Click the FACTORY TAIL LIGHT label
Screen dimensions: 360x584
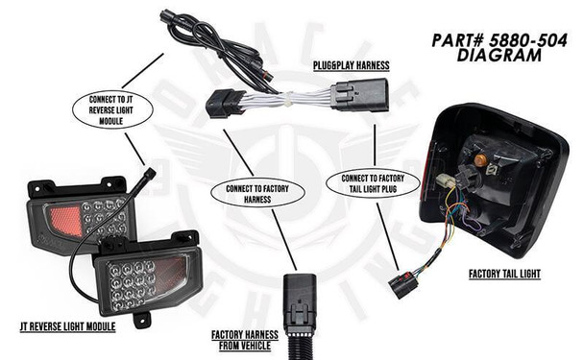point(504,274)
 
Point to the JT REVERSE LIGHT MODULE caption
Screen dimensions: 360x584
point(69,326)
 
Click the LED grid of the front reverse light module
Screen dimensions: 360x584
point(134,279)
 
